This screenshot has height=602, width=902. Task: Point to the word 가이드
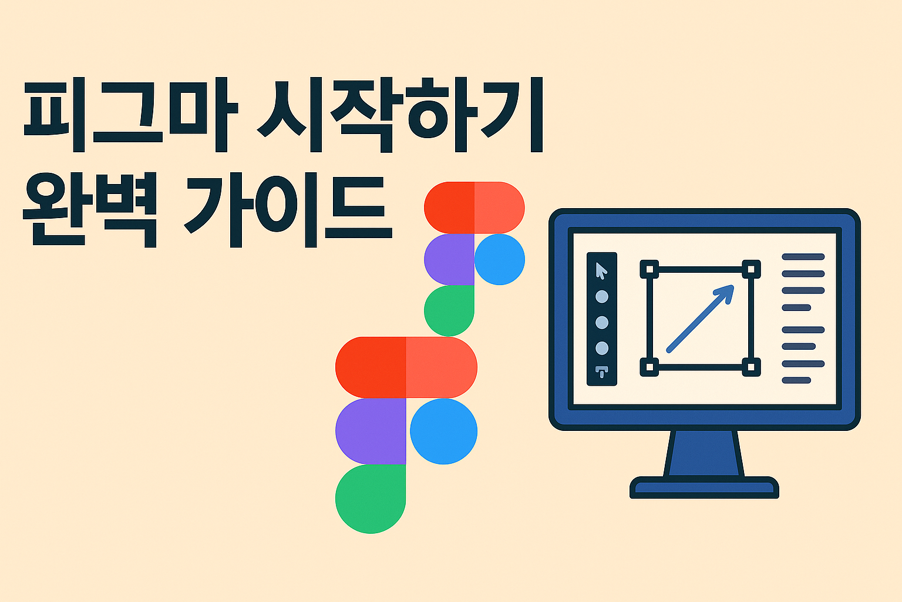point(288,210)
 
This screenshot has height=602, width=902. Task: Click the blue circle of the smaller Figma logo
point(499,259)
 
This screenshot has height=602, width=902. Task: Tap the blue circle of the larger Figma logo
point(443,431)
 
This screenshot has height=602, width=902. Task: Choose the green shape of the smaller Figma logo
point(449,310)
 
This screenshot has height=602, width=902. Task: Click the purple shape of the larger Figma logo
point(370,431)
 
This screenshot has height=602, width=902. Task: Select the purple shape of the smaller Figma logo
point(449,259)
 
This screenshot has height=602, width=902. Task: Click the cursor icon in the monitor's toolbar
point(601,270)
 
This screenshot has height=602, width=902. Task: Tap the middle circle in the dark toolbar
point(602,323)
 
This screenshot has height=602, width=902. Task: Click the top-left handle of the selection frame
point(649,269)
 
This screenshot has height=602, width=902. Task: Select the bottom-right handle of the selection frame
point(750,368)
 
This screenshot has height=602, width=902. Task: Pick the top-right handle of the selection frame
point(750,269)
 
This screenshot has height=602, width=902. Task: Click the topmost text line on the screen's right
point(803,257)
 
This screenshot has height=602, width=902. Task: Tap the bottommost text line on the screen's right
point(796,380)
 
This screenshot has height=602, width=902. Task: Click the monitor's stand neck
point(704,453)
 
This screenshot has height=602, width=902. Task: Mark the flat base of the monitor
point(704,487)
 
